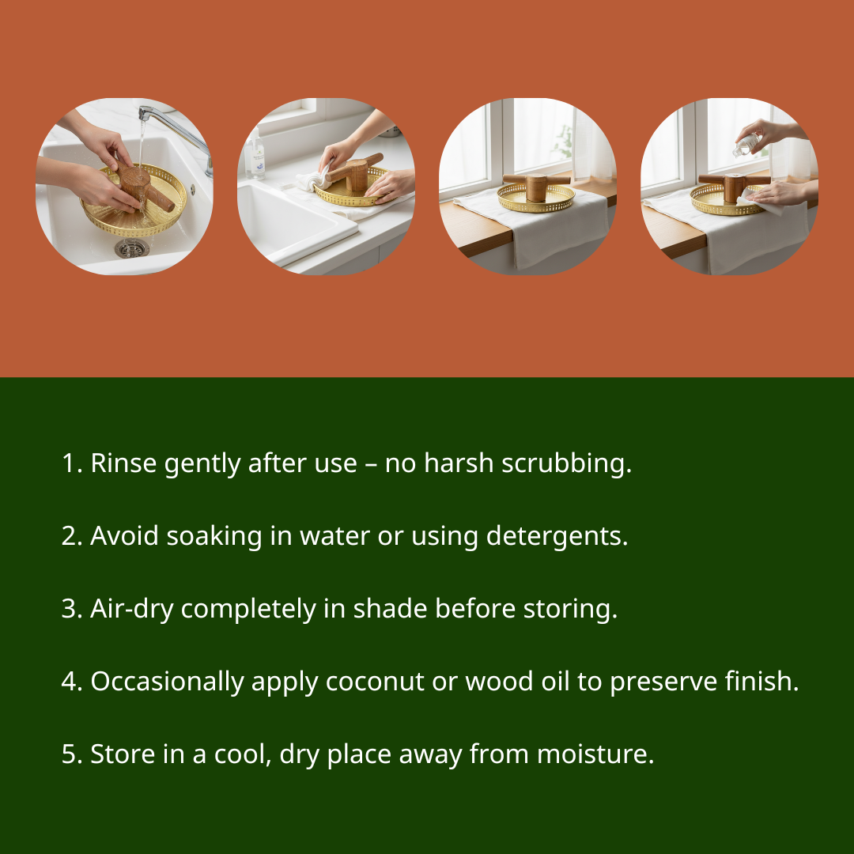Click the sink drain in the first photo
132,248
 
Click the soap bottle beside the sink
255,156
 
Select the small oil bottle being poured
746,144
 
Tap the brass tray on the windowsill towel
535,198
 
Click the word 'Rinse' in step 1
123,463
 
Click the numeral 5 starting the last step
68,754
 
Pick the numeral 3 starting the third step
68,609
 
